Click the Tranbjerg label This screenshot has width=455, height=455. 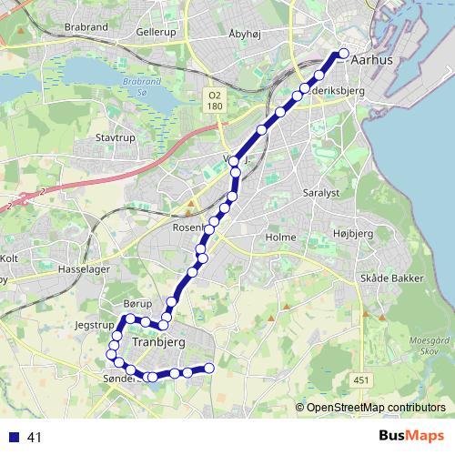click(x=159, y=342)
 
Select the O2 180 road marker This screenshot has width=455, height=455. click(x=214, y=100)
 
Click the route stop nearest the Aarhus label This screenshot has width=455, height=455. click(x=344, y=53)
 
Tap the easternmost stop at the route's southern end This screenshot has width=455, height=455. click(x=208, y=368)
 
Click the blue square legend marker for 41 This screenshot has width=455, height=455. click(x=14, y=438)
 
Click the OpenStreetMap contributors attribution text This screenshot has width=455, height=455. click(x=375, y=407)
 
